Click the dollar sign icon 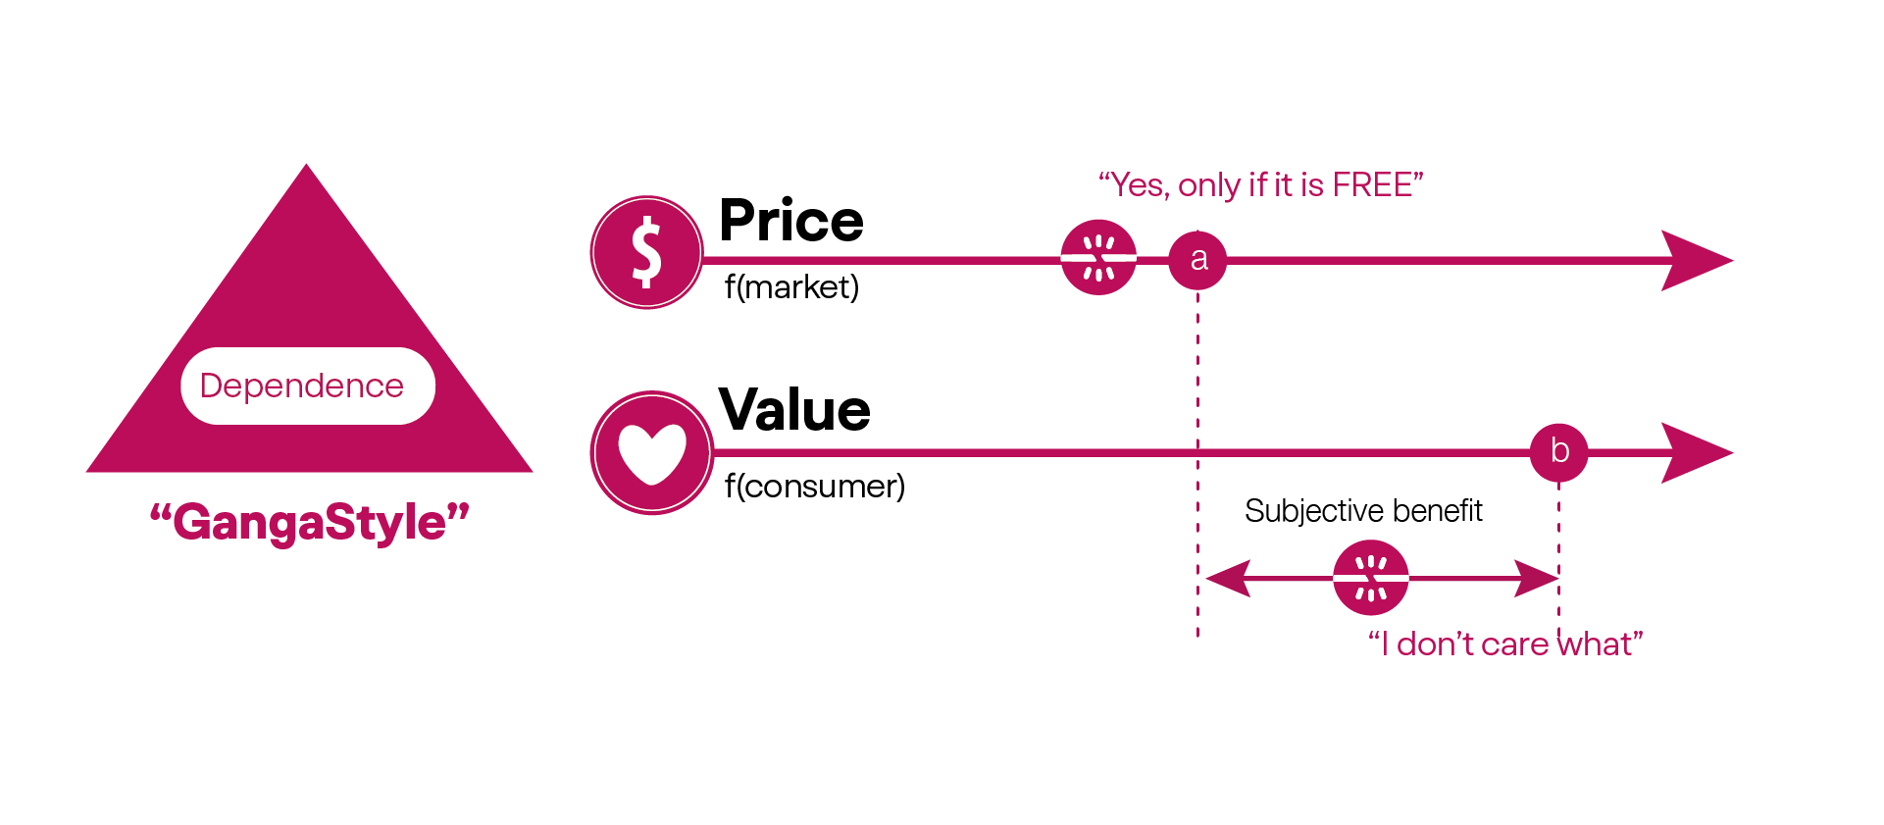tap(646, 252)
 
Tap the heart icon tap(652, 453)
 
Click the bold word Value tap(794, 410)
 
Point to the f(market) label tap(791, 286)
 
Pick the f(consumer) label tap(814, 486)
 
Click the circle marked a tap(1197, 260)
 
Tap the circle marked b tap(1558, 452)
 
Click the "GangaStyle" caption tap(309, 521)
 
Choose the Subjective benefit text tap(1363, 510)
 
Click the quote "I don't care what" tap(1504, 645)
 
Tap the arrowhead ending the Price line tap(1696, 260)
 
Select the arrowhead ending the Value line tap(1696, 452)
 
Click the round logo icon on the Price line tap(1098, 257)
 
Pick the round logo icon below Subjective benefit tap(1370, 578)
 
